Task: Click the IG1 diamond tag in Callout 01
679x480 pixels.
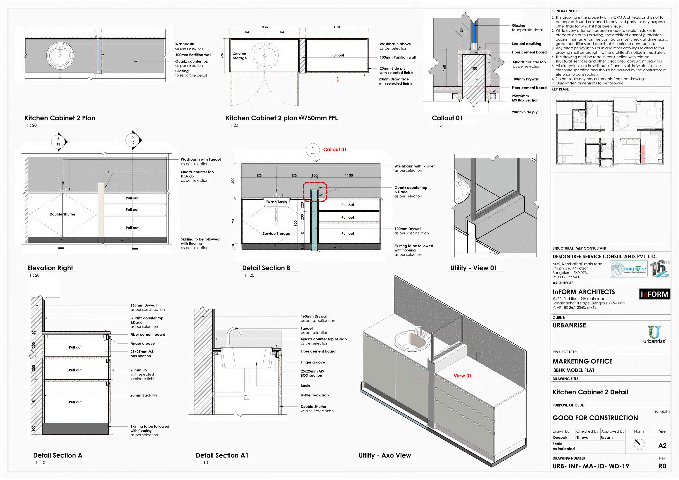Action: click(462, 30)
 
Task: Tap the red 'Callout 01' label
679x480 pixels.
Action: click(335, 149)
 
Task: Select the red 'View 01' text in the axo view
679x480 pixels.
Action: click(463, 376)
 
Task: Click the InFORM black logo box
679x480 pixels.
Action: click(655, 294)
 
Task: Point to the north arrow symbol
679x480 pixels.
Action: click(639, 444)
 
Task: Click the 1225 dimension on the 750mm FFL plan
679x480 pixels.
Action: click(264, 27)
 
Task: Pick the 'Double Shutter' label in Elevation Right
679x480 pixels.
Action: click(62, 214)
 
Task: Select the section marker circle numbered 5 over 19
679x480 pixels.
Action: click(133, 140)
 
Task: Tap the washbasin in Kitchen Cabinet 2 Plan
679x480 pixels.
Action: click(60, 55)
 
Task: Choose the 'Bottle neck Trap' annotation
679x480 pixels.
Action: click(315, 395)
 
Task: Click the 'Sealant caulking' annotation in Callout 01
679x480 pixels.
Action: click(526, 44)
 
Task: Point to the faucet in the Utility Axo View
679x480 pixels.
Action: click(418, 331)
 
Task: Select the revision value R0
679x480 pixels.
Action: click(663, 466)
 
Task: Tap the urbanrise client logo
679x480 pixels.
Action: click(655, 335)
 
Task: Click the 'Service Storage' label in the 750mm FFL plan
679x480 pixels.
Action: click(239, 56)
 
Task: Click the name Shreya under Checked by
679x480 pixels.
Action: click(582, 437)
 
